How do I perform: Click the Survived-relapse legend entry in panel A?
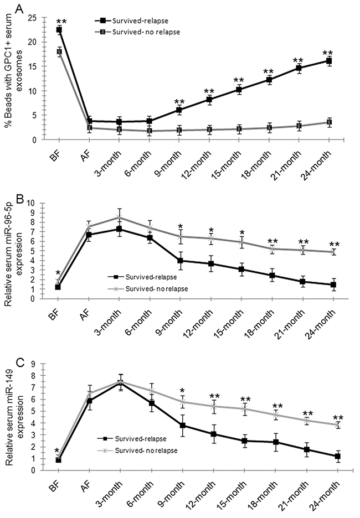pyautogui.click(x=132, y=20)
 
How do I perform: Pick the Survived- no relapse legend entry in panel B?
pyautogui.click(x=148, y=289)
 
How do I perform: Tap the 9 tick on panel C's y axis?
pyautogui.click(x=33, y=364)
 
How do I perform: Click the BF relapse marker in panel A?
pyautogui.click(x=59, y=30)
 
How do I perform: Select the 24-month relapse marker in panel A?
pyautogui.click(x=329, y=61)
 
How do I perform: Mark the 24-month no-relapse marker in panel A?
pyautogui.click(x=329, y=122)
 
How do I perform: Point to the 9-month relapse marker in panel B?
pyautogui.click(x=181, y=260)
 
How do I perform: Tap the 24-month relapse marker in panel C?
pyautogui.click(x=337, y=456)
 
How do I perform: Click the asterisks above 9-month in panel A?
pyautogui.click(x=179, y=102)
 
